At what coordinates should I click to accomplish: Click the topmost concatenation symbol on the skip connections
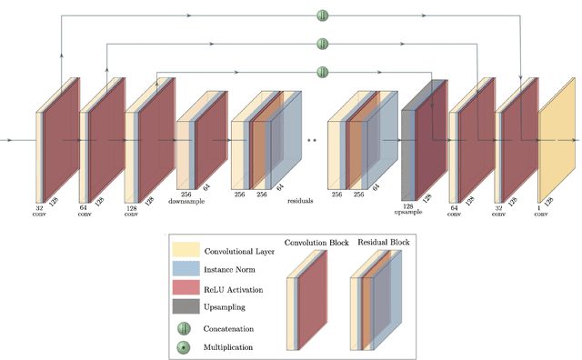[x=322, y=15]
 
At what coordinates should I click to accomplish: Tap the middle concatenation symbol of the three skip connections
[x=322, y=43]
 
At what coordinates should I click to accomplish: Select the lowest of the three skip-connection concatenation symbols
[x=322, y=71]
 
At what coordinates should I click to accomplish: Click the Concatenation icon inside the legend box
[x=186, y=327]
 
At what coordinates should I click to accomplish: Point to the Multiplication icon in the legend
[x=186, y=346]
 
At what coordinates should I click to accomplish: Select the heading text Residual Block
[x=383, y=243]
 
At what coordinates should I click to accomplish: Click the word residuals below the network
[x=300, y=200]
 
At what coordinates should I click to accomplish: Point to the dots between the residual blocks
[x=314, y=141]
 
